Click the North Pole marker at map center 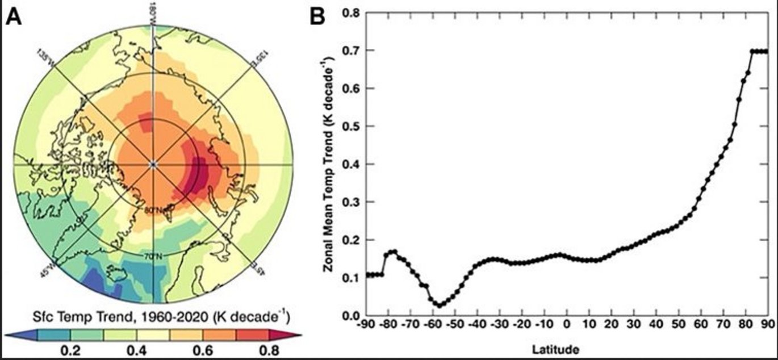tap(153, 164)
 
